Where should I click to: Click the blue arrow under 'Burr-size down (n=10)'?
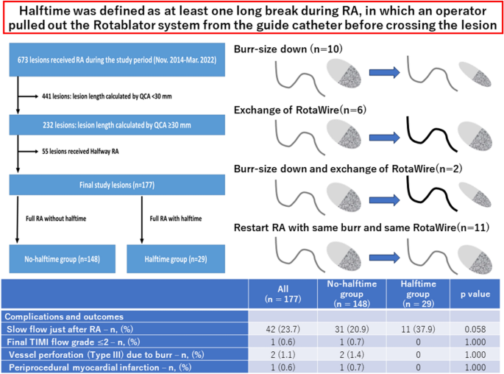tap(383, 74)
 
